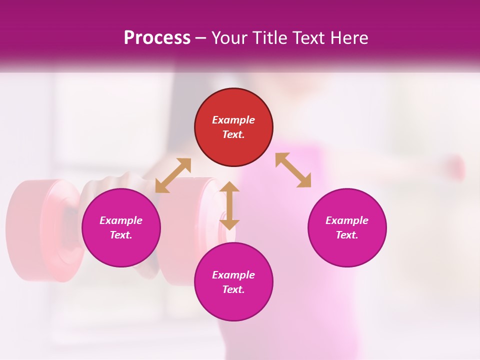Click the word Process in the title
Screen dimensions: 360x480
tap(157, 38)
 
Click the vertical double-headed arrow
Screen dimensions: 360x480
tap(229, 205)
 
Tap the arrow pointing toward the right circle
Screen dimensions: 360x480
tap(293, 170)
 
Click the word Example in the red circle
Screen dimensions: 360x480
tap(233, 120)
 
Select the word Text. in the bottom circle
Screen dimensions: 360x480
tap(233, 289)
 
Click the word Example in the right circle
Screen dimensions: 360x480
tap(347, 220)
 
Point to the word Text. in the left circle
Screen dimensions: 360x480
tap(121, 235)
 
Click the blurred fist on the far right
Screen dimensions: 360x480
tap(455, 167)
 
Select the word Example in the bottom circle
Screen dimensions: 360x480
tap(233, 275)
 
